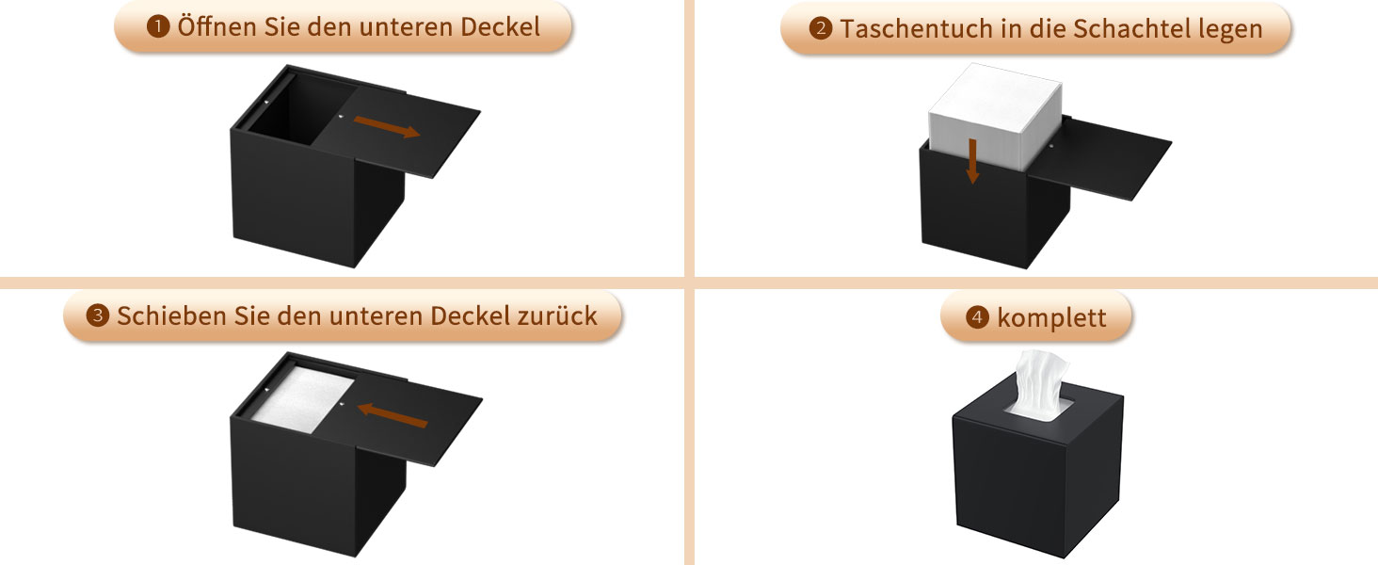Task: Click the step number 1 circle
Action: [x=158, y=27]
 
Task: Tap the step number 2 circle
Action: [x=821, y=28]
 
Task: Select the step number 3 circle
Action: [x=98, y=316]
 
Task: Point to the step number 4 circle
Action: [x=978, y=317]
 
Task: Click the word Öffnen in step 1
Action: [x=217, y=26]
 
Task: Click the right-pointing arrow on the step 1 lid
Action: [x=387, y=127]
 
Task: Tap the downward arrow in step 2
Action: [x=972, y=161]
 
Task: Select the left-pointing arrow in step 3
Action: [x=393, y=414]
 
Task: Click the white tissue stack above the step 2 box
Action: [x=995, y=115]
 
